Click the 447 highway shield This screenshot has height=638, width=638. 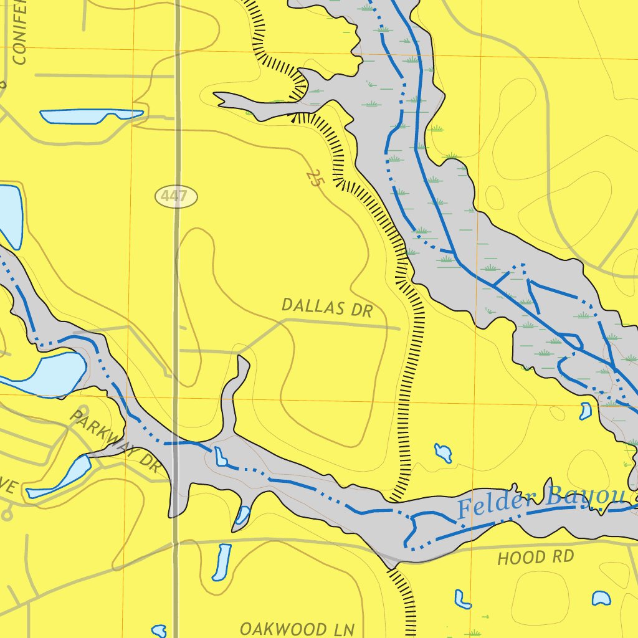click(x=176, y=197)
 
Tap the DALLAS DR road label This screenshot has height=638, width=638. click(x=326, y=308)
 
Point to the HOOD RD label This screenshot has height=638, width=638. click(x=535, y=557)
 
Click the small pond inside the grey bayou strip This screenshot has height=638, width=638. click(x=221, y=456)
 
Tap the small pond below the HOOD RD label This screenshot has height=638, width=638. click(x=462, y=599)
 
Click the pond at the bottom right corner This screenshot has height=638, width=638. click(x=601, y=598)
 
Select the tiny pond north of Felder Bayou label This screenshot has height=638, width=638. click(x=444, y=453)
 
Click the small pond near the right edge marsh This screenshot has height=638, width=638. click(x=586, y=411)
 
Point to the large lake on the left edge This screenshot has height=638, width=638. click(x=44, y=374)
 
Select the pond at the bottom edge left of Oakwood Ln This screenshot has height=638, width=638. click(x=159, y=631)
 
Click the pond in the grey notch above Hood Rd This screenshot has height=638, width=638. click(x=242, y=515)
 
